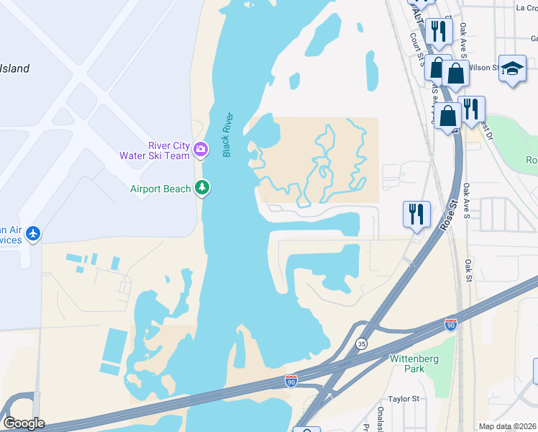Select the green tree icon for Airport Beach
(x=204, y=189)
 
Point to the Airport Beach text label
(x=160, y=189)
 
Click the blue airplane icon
(x=33, y=233)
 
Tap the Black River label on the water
(x=228, y=135)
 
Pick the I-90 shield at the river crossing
(x=291, y=379)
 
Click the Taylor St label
(x=403, y=398)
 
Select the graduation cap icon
(x=512, y=69)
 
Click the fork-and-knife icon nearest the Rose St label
(x=416, y=214)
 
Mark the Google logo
(x=24, y=423)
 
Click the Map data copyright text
(x=507, y=426)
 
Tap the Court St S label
(x=416, y=50)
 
